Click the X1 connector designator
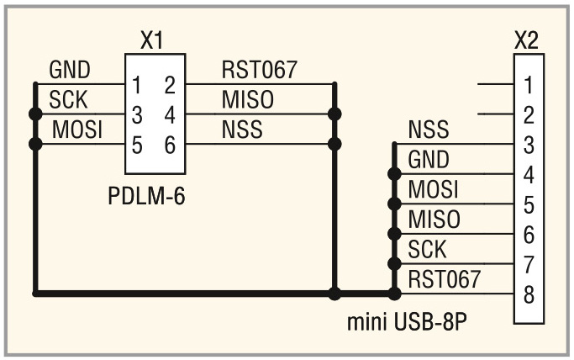[x=150, y=41]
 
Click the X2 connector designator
[x=526, y=41]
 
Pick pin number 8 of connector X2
[x=527, y=295]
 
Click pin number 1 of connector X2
[x=527, y=85]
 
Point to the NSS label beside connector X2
[x=428, y=130]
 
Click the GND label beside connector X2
[x=429, y=160]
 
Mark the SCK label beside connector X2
[x=427, y=249]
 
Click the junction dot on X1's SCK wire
[x=34, y=114]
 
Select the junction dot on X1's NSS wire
[x=334, y=144]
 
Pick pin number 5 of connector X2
[x=527, y=204]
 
